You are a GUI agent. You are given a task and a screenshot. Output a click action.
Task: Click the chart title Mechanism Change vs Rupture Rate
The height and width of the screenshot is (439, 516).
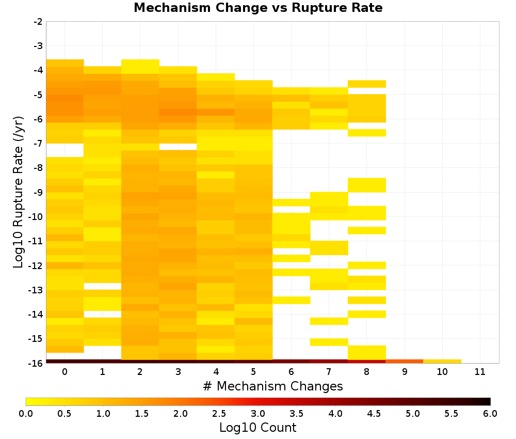258,8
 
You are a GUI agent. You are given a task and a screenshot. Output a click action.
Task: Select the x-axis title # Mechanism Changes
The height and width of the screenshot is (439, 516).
273,386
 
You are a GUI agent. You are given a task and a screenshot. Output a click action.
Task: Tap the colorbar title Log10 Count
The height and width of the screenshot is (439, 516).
257,428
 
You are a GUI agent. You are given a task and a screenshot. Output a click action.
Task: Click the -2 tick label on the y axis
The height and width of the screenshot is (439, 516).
38,22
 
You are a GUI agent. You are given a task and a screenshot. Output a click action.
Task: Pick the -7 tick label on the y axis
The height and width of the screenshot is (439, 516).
38,144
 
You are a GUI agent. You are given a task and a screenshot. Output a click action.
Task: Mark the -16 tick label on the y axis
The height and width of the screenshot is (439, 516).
36,363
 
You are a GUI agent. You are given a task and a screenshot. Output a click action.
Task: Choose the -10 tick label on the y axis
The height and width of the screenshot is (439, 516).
36,217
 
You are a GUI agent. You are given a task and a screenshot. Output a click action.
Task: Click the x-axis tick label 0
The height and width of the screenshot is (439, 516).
65,372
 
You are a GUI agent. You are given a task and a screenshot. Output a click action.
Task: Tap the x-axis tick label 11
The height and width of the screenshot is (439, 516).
480,372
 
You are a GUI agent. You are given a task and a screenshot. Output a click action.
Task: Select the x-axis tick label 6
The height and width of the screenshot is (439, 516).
291,372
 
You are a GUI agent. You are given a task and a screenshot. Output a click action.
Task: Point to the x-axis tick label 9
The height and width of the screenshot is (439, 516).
405,372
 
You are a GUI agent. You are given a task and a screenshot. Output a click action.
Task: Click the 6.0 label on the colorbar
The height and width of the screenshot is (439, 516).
490,414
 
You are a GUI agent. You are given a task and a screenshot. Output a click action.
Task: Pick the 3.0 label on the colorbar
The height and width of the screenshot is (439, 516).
258,414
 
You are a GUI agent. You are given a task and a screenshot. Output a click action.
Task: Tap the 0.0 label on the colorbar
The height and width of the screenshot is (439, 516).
26,414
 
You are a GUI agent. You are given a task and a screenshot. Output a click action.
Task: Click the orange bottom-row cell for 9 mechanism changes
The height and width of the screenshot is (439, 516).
405,362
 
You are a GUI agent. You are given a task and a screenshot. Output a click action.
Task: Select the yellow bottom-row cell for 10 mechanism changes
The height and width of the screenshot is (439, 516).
442,362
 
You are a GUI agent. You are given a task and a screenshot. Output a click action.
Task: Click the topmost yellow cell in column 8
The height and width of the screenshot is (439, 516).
367,84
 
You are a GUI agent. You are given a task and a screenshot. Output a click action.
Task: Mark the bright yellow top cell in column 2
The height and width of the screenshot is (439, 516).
140,67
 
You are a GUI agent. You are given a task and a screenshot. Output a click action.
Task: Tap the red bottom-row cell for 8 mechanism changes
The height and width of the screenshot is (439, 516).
367,362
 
